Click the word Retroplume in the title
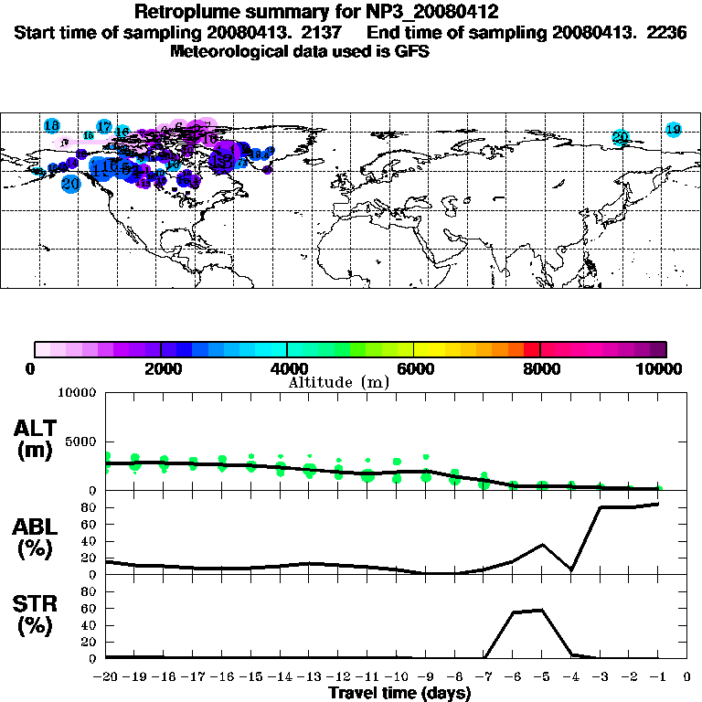(x=186, y=12)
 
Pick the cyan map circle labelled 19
(x=674, y=130)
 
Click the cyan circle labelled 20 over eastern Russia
(x=621, y=138)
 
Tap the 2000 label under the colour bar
(x=161, y=368)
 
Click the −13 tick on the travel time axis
(x=311, y=677)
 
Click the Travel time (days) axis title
(x=399, y=693)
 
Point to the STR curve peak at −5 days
(x=543, y=610)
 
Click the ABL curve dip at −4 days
(x=571, y=569)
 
